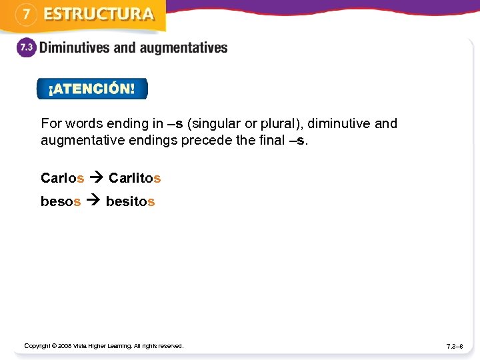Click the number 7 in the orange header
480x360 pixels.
[x=25, y=15]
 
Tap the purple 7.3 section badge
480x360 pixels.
[x=25, y=49]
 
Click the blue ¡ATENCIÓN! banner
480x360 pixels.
[x=92, y=89]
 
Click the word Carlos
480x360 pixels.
[x=62, y=178]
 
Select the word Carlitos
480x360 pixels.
[x=135, y=178]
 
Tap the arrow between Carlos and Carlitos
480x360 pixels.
[x=96, y=178]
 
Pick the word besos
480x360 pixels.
[x=61, y=201]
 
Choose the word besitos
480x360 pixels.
[x=131, y=201]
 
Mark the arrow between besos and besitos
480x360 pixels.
[x=93, y=201]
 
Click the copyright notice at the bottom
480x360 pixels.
[x=103, y=345]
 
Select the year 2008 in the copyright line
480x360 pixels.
[x=65, y=345]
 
